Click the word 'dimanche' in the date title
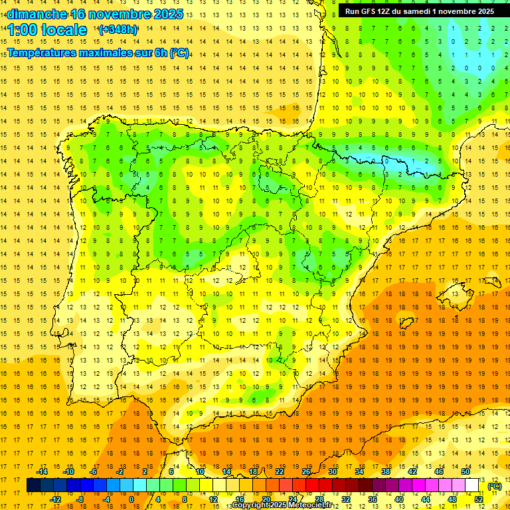point(37,14)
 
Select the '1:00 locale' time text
point(48,31)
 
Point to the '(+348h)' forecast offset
point(118,30)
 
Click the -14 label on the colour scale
point(42,471)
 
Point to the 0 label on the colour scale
point(131,499)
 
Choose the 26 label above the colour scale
point(307,471)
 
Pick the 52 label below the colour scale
point(478,499)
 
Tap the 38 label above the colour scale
point(385,471)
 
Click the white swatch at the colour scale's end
point(471,485)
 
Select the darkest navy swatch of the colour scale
point(33,485)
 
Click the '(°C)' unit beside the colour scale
point(495,486)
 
